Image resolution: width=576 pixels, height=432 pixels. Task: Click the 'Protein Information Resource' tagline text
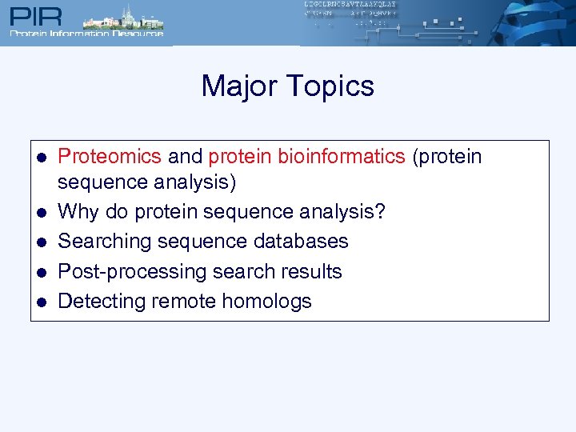click(x=86, y=34)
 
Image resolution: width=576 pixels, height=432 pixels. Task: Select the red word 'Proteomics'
click(x=110, y=156)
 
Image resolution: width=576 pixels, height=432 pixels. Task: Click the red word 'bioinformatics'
click(x=342, y=156)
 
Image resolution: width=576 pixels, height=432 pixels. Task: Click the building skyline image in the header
click(x=120, y=18)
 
